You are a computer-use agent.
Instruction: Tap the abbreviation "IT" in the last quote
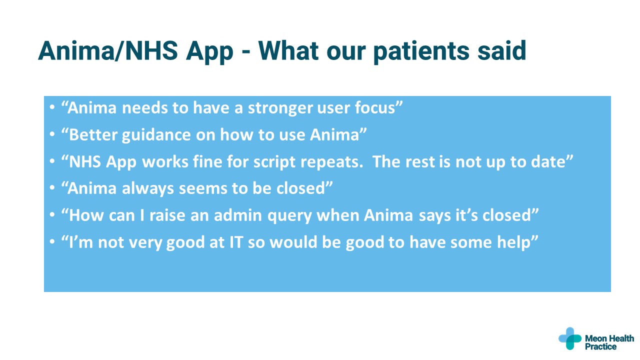(236, 242)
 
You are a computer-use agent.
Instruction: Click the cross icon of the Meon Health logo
(569, 338)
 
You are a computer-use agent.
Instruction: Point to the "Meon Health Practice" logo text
(609, 342)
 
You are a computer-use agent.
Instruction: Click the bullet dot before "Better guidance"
(52, 135)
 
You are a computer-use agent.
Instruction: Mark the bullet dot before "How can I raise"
(52, 216)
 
